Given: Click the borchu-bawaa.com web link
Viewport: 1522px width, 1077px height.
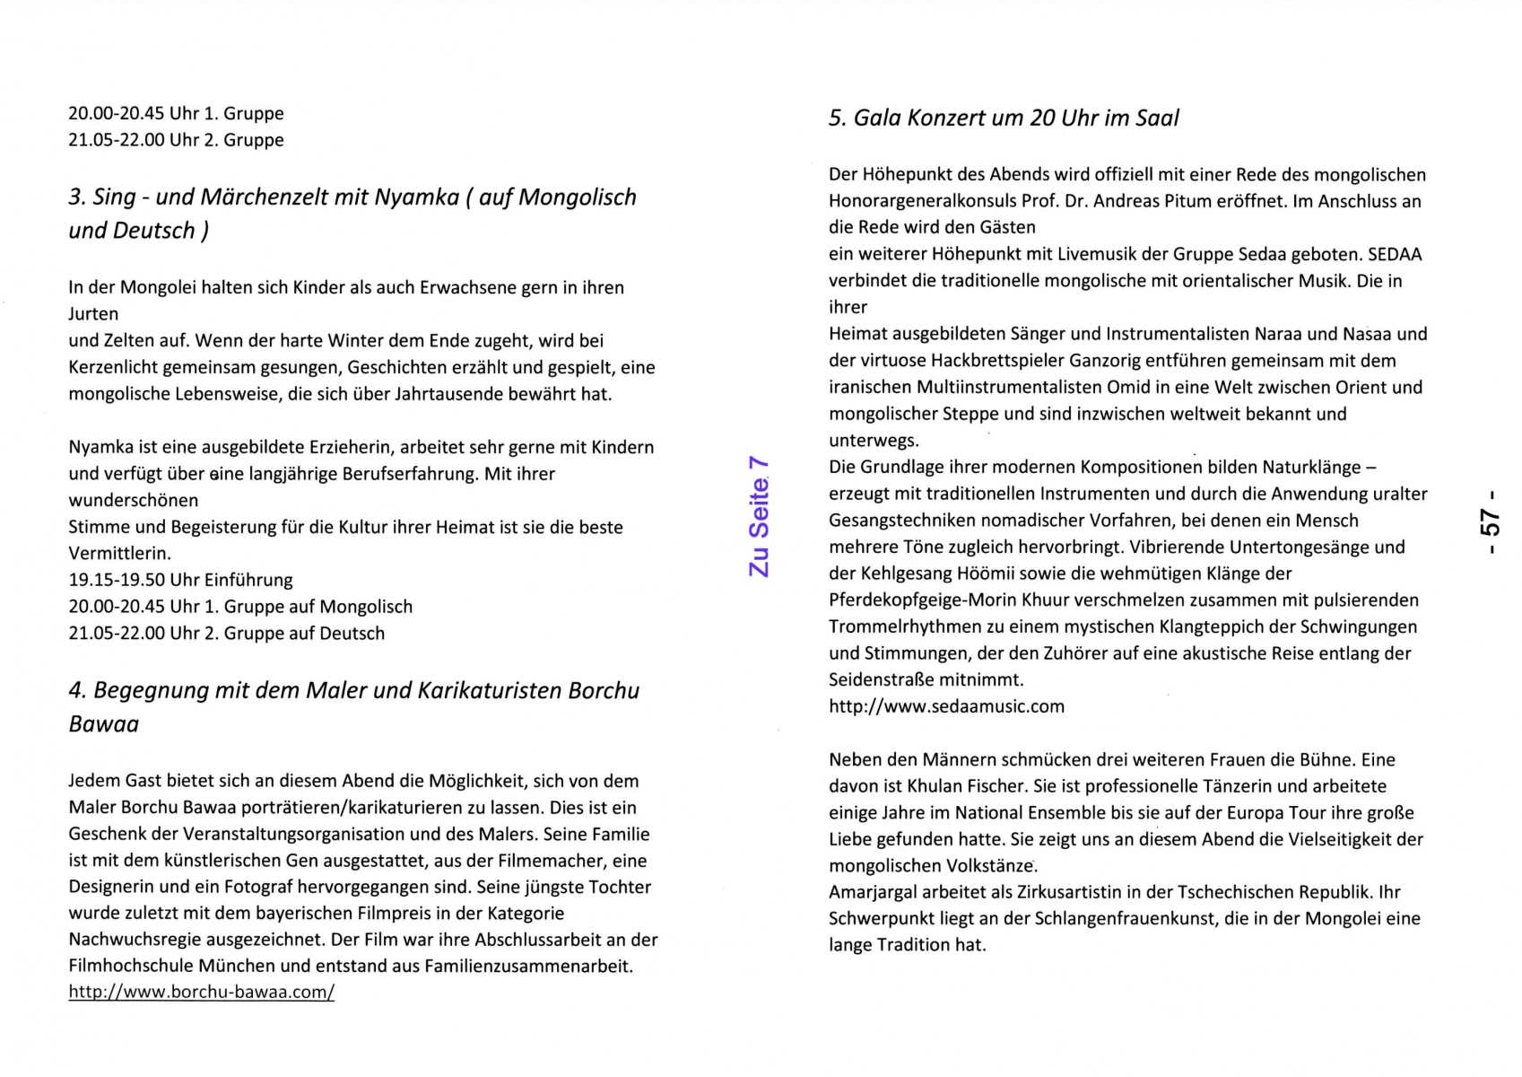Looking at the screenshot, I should (x=201, y=993).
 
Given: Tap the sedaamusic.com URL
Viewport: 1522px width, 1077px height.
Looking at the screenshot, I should (x=946, y=706).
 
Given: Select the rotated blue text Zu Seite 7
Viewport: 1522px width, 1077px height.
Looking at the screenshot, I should (x=759, y=516).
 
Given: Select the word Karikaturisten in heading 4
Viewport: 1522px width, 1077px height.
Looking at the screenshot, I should (x=489, y=691).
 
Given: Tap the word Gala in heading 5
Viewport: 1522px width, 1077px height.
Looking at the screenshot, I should (x=876, y=118).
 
